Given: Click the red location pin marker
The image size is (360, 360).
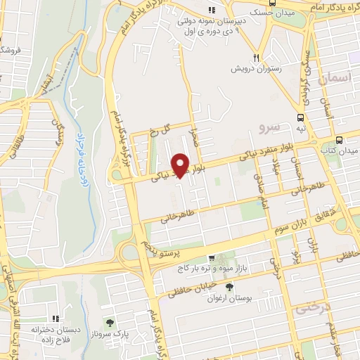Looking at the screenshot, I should (x=181, y=165).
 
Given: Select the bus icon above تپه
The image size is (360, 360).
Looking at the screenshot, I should (x=301, y=117).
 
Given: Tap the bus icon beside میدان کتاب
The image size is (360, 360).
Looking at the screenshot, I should (x=340, y=140).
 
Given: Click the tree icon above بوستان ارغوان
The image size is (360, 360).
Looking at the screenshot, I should (x=229, y=286).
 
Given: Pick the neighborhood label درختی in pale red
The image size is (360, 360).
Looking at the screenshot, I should (x=310, y=307).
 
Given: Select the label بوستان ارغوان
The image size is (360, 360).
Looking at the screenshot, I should (x=229, y=297).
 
